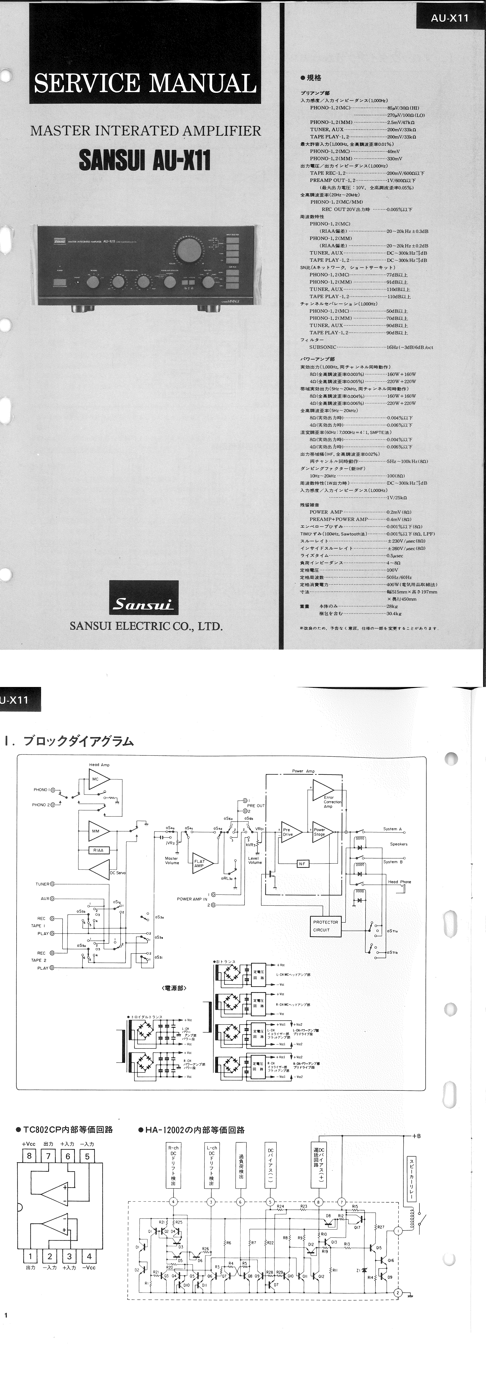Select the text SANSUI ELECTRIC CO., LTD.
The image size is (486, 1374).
(x=146, y=626)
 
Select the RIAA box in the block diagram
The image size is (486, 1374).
(x=98, y=850)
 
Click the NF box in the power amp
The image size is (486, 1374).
(x=302, y=863)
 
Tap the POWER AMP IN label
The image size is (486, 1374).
(x=192, y=899)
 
